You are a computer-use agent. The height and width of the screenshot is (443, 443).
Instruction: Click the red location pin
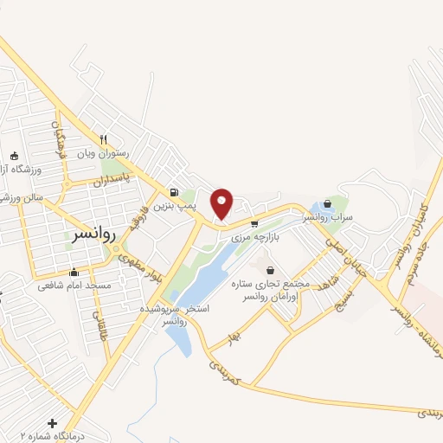pos(222,202)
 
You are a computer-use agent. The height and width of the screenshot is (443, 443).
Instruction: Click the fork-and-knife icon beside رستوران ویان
pos(103,138)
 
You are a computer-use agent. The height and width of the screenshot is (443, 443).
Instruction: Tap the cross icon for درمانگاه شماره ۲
pos(53,423)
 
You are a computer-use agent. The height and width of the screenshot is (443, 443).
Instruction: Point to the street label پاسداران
pos(113,180)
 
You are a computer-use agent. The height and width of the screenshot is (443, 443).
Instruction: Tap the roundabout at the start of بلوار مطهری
pos(115,250)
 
